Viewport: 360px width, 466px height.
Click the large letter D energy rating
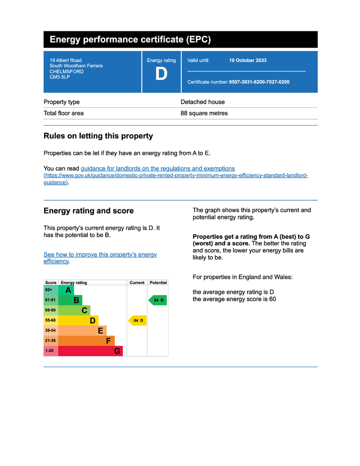(x=161, y=74)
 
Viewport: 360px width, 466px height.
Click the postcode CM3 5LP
(x=60, y=77)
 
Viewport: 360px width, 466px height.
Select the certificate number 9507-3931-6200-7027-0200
(x=259, y=82)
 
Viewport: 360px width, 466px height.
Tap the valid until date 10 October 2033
(x=248, y=61)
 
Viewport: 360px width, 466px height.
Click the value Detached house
(x=203, y=102)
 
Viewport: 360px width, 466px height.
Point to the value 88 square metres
(x=204, y=113)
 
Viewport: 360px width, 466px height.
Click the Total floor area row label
(x=63, y=113)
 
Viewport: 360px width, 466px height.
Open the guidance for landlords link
(x=157, y=168)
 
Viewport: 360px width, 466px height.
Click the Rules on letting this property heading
(x=98, y=136)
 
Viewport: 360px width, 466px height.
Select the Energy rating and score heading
(x=88, y=211)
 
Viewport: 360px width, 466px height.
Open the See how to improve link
(x=100, y=255)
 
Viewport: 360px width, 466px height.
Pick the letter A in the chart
(x=68, y=290)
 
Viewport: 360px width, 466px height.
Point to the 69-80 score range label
(x=50, y=310)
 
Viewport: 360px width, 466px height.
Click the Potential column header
(x=158, y=283)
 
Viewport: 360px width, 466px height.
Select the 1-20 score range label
(x=49, y=351)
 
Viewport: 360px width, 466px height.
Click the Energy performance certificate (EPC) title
(x=130, y=40)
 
